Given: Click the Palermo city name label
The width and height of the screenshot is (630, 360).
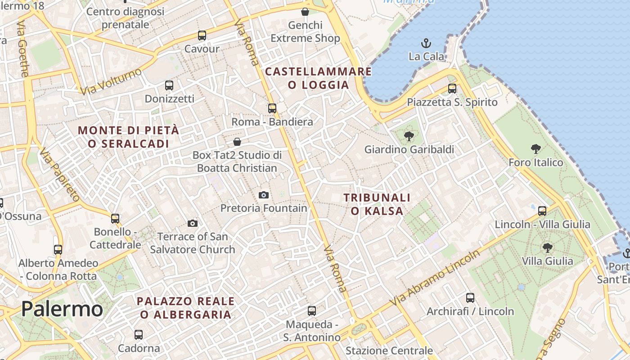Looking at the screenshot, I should pos(62,309).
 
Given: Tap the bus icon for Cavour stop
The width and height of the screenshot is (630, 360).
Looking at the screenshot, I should pos(202,35).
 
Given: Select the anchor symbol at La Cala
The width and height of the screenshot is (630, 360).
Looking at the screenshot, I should pos(426,43).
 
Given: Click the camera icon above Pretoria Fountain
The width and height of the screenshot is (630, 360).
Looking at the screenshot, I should pos(264,195).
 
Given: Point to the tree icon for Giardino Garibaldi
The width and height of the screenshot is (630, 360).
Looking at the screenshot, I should pos(409,135).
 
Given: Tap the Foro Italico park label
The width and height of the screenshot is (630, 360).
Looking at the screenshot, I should pos(535,162).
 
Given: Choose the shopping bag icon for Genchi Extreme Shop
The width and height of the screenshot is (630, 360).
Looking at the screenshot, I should pos(305,11).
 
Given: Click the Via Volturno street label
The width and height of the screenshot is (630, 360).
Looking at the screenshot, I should pos(111,81).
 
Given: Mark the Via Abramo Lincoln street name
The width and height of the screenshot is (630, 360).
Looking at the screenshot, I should pos(436,278).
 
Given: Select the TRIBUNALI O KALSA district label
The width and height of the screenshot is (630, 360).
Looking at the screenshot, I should pos(377,204).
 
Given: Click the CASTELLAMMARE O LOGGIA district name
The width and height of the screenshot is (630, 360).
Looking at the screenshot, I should pos(319,78).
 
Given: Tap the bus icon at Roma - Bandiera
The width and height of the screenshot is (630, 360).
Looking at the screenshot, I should pos(272,108).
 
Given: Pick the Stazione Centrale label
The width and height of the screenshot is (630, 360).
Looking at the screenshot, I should pos(389,351).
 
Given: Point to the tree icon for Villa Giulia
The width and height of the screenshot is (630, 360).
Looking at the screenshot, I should pos(547,247).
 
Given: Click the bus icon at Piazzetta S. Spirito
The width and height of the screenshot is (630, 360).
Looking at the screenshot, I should pos(452,88).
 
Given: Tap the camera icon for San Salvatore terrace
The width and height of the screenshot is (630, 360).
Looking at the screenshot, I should pos(193,223).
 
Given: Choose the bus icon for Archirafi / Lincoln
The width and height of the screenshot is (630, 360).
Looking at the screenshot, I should pos(470,297).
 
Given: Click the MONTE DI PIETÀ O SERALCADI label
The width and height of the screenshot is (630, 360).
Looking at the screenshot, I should pos(129,137).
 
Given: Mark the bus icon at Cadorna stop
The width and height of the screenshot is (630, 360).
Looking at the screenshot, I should pos(139,335).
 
